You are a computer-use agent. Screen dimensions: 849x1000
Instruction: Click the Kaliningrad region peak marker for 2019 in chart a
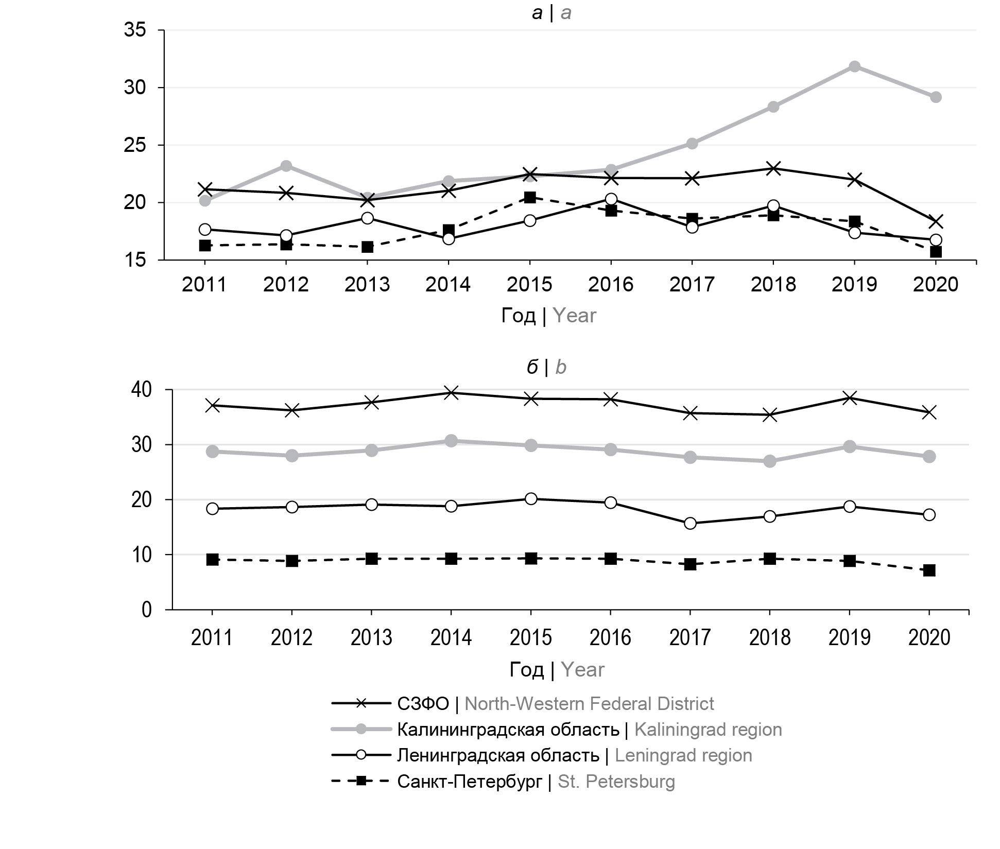pos(854,66)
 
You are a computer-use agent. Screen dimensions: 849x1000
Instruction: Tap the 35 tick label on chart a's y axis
pos(135,30)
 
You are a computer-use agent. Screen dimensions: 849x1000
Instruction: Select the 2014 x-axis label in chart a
pos(448,284)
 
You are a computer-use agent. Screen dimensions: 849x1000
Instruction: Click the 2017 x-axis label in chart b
pos(690,638)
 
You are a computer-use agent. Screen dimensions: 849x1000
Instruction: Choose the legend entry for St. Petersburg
pos(536,782)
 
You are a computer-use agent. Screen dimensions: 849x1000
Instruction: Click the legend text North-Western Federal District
pos(589,703)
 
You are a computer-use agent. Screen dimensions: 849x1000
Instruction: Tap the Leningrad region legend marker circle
pos(361,755)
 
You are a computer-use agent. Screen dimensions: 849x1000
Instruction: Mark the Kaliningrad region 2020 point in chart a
pos(936,97)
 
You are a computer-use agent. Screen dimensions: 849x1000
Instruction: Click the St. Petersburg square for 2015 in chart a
pos(530,197)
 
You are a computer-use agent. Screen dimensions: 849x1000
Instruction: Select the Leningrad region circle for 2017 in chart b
pos(690,524)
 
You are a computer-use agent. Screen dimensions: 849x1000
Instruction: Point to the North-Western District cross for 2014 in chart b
pos(451,393)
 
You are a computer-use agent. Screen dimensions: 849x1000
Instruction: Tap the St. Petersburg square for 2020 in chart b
pos(929,570)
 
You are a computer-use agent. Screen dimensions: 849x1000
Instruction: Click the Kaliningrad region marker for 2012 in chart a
pos(286,166)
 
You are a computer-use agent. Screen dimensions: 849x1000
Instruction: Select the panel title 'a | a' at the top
pos(551,13)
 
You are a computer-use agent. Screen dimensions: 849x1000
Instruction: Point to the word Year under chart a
pos(575,316)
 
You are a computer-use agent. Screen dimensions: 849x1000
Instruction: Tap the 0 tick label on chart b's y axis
pos(147,610)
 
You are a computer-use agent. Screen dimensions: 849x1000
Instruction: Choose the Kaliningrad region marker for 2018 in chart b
pos(770,461)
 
